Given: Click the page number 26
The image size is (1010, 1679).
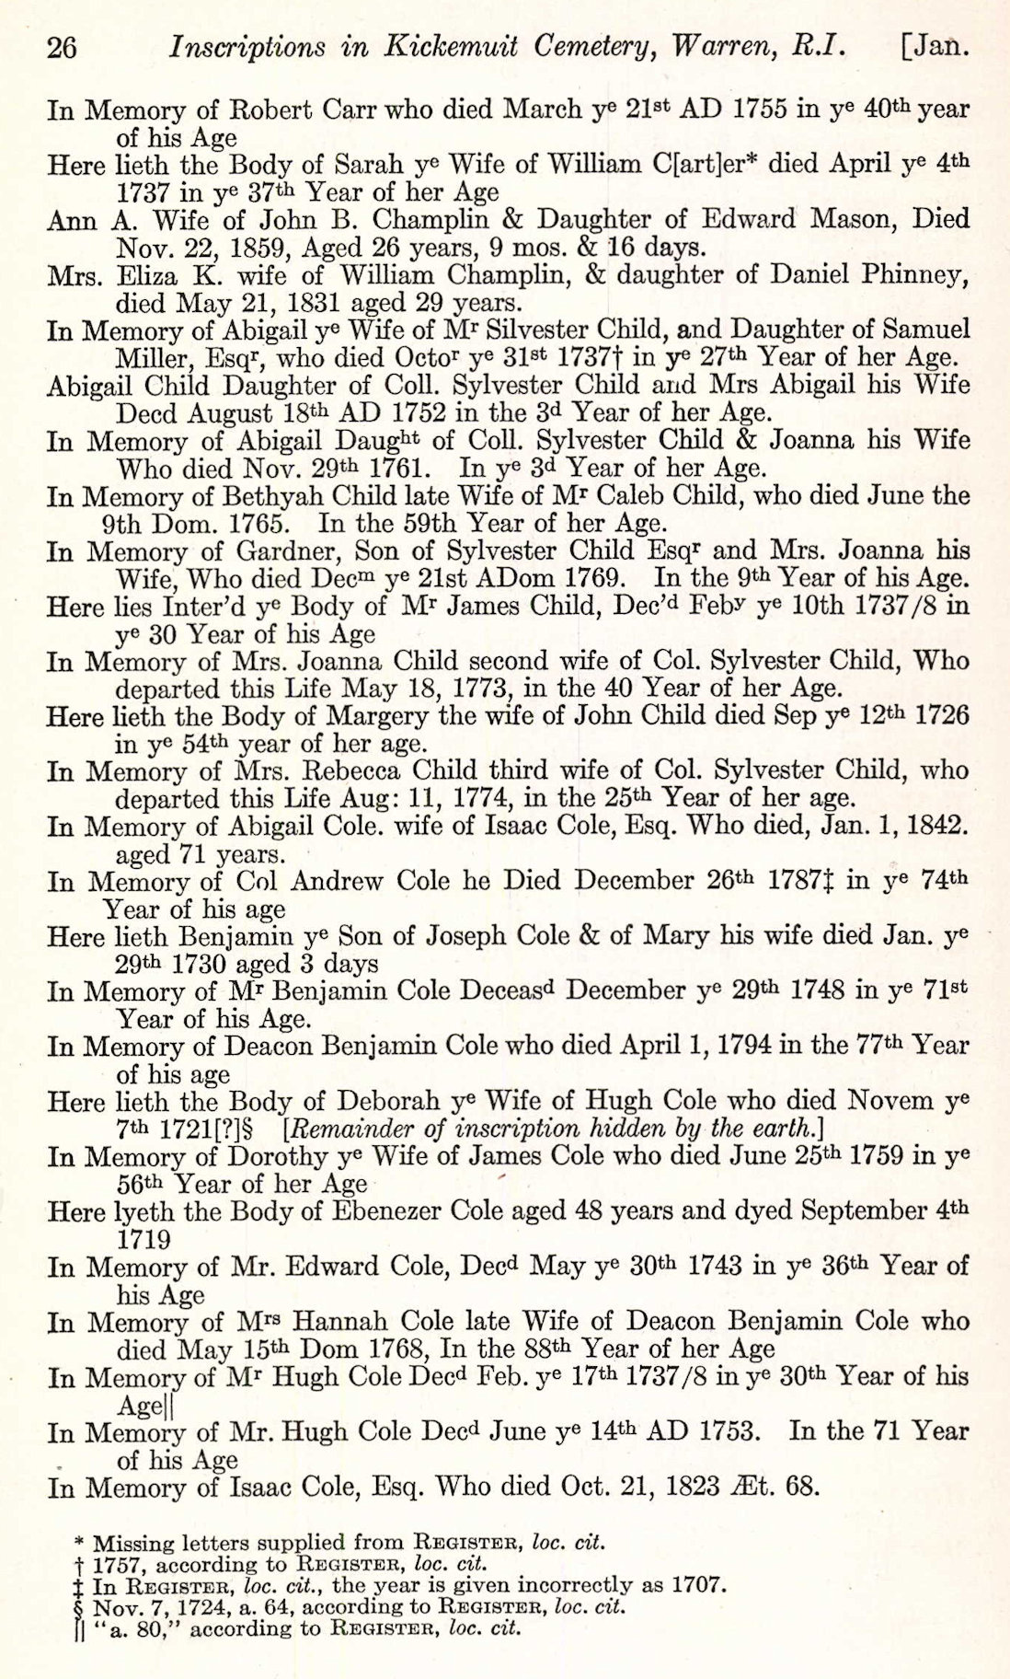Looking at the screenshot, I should [x=61, y=47].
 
